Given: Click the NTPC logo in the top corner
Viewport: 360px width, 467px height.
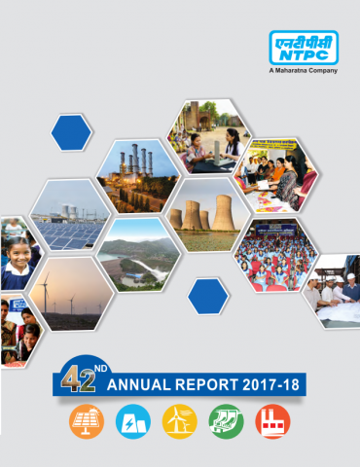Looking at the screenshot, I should pos(306,49).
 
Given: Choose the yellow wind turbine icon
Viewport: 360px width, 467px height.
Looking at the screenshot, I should pos(179,421).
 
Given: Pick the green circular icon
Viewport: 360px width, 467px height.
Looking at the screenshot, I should pos(226,421).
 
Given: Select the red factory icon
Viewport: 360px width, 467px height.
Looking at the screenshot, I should pos(272,421).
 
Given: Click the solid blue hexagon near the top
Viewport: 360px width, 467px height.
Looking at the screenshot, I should pos(72,131).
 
